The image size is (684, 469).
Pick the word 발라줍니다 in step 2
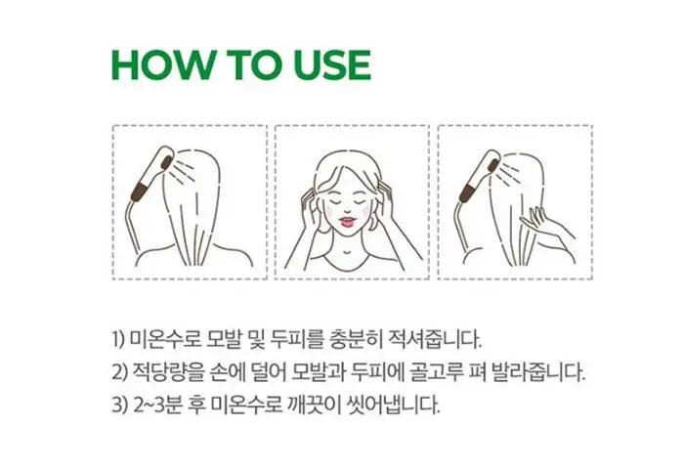click(542, 372)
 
